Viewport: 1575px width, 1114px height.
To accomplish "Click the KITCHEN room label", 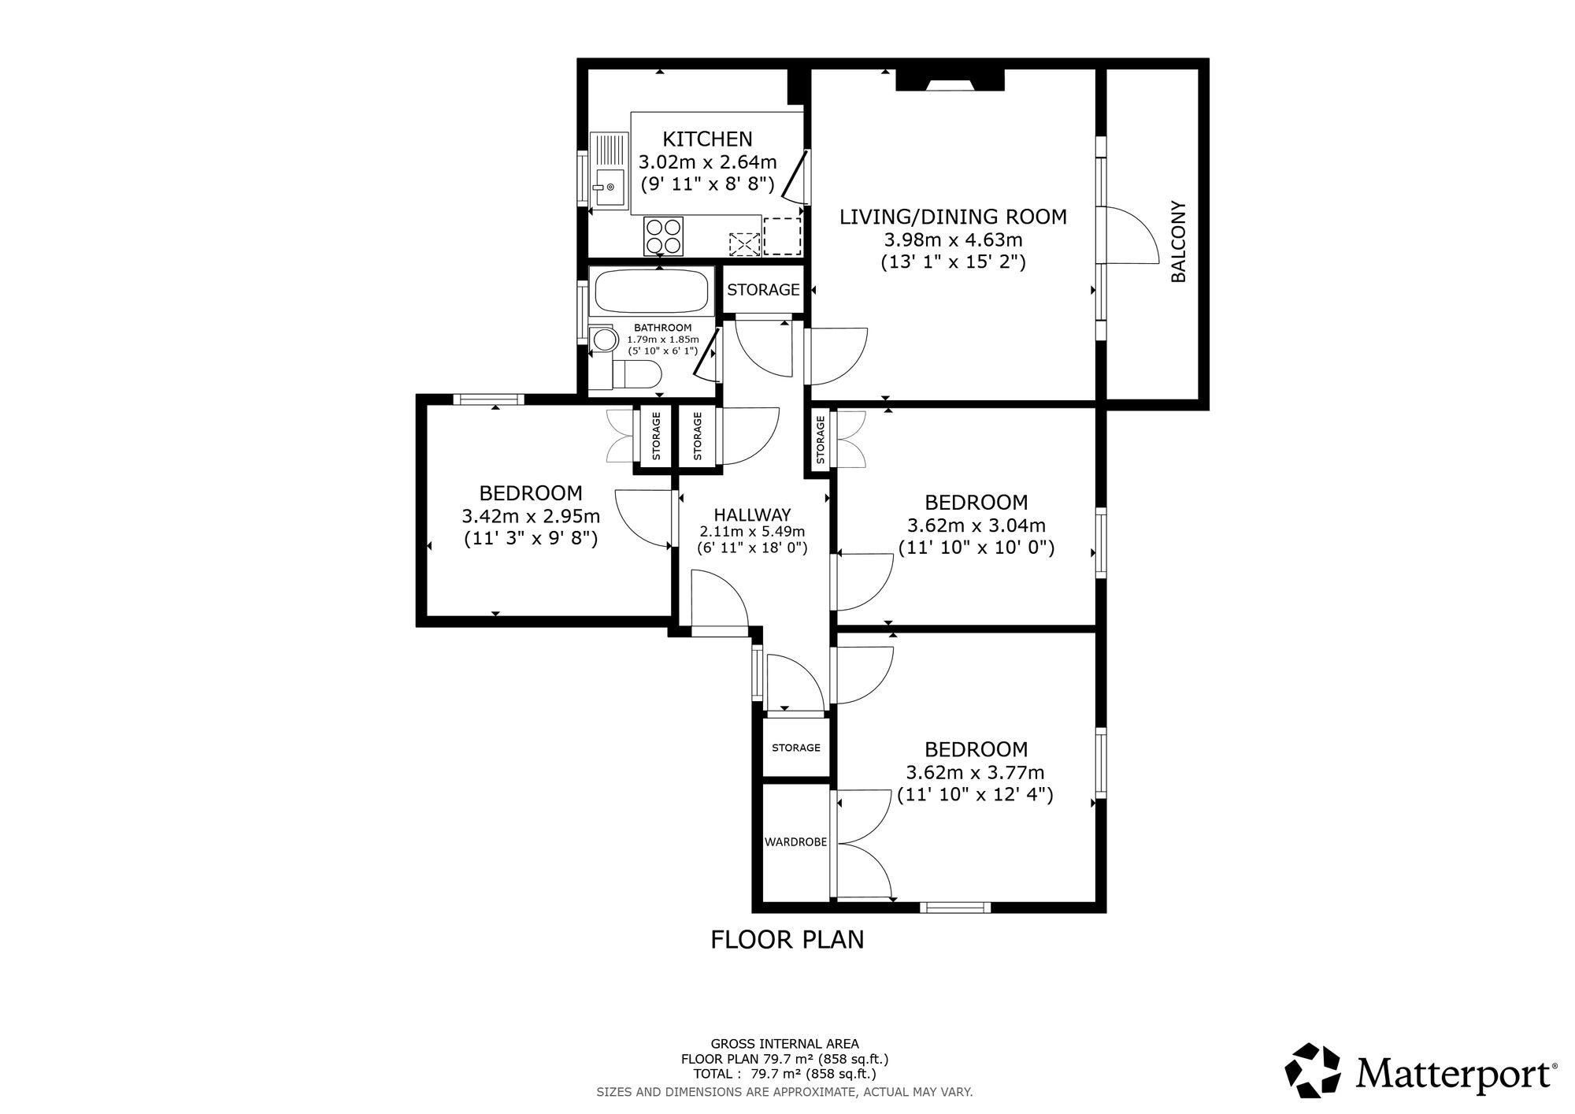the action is pyautogui.click(x=707, y=139).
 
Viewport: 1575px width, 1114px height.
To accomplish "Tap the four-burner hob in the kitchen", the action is pyautogui.click(x=663, y=236).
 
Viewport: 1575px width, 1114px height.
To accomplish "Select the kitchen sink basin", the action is pyautogui.click(x=609, y=187).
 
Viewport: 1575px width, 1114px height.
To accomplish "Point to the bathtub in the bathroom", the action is pyautogui.click(x=653, y=291).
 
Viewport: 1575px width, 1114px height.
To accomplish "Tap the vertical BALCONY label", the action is pyautogui.click(x=1179, y=242).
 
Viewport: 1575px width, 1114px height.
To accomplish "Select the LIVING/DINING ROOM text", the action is pyautogui.click(x=953, y=217).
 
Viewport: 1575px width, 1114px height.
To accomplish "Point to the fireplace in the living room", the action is pyautogui.click(x=950, y=80).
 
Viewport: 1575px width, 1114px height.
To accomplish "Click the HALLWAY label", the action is pyautogui.click(x=753, y=515).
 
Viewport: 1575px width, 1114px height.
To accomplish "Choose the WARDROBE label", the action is pyautogui.click(x=795, y=842).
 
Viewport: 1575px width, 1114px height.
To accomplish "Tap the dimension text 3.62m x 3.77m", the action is pyautogui.click(x=976, y=772).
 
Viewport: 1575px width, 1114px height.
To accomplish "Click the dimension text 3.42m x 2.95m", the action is pyautogui.click(x=531, y=517).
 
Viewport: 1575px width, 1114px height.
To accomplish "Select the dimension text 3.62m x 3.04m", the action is pyautogui.click(x=976, y=525).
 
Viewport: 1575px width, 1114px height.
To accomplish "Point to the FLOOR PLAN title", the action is pyautogui.click(x=787, y=940).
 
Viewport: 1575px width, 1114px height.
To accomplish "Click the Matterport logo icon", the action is pyautogui.click(x=1314, y=1071).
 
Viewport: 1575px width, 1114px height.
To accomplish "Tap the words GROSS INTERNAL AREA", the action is pyautogui.click(x=784, y=1044).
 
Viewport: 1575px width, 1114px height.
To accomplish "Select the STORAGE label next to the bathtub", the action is pyautogui.click(x=763, y=290).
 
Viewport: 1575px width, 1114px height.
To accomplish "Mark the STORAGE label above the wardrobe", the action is pyautogui.click(x=795, y=748).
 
